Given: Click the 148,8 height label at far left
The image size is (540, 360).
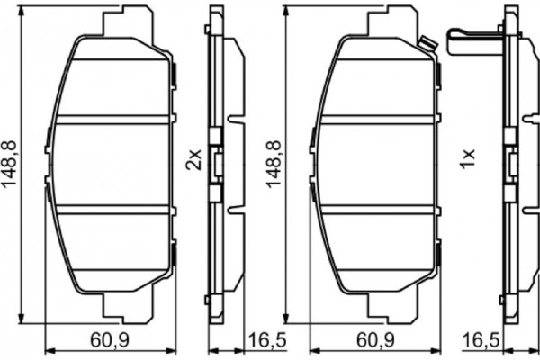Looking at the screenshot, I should [x=10, y=161].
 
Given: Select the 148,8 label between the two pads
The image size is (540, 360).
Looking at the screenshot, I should [x=272, y=161].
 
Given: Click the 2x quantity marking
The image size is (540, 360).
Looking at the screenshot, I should [x=191, y=161].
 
